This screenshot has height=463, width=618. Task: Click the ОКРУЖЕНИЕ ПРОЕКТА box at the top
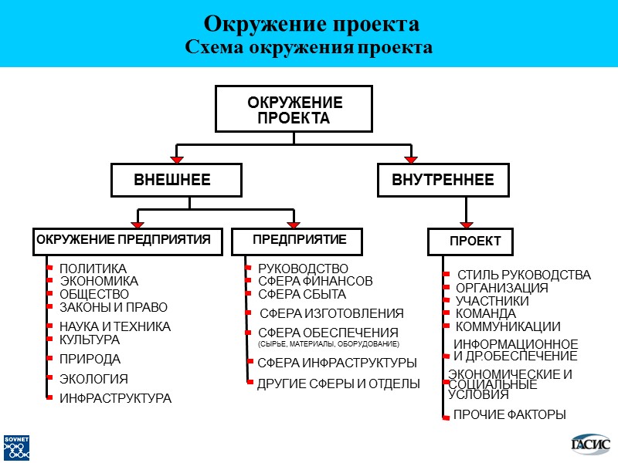[x=294, y=110]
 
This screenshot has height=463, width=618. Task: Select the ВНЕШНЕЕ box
[x=175, y=181]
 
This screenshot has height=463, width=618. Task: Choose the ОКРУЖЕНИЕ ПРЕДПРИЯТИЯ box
[x=127, y=240]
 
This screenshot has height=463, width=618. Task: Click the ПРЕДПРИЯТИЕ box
[x=298, y=240]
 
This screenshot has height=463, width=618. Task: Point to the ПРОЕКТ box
[x=476, y=242]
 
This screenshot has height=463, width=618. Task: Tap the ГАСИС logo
[x=589, y=444]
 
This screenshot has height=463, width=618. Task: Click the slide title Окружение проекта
[x=308, y=22]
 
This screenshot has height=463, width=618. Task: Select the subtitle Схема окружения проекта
[x=308, y=47]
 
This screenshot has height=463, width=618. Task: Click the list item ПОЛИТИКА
[x=93, y=269]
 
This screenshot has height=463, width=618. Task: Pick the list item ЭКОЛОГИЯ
[x=93, y=379]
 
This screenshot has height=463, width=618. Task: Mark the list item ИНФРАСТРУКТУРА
[x=115, y=399]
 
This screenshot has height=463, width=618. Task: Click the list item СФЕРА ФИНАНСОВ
[x=314, y=282]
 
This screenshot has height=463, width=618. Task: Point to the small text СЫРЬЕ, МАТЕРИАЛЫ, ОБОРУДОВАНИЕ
[x=328, y=343]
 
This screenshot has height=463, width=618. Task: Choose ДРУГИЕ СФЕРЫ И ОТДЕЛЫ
[x=338, y=384]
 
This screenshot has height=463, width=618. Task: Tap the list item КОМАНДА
[x=485, y=314]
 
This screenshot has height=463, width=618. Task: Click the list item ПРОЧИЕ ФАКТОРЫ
[x=509, y=415]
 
